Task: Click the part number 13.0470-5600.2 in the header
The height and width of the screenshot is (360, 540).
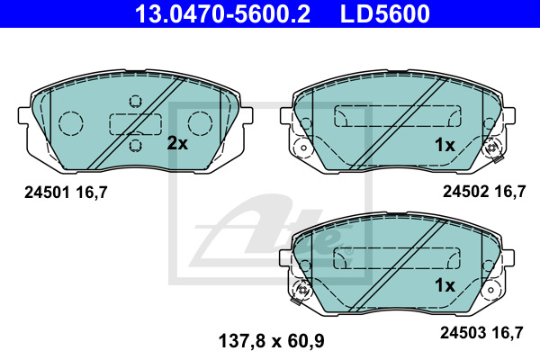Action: pos(222,13)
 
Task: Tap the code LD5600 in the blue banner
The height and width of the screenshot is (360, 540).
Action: pos(385,13)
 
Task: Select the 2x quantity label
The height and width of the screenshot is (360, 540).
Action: pos(177,143)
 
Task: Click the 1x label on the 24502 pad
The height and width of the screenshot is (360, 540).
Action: pos(445,145)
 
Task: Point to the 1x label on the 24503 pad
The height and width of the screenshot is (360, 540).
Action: pos(445,285)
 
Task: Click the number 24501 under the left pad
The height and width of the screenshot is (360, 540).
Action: pos(47,193)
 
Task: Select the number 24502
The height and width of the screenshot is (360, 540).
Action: pos(465,192)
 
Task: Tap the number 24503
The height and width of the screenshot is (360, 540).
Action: pos(463,332)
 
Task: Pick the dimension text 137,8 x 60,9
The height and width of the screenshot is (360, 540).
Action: pos(272,341)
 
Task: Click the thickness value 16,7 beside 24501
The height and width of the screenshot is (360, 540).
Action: pos(92,193)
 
